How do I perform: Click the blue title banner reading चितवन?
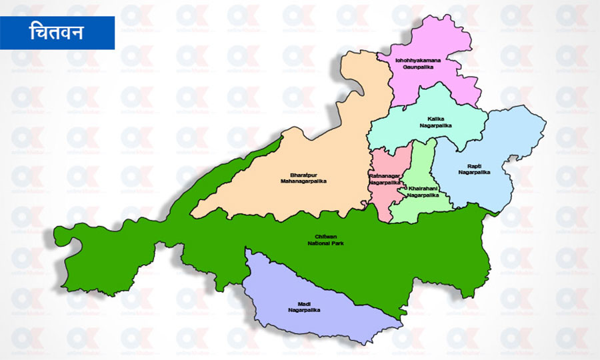click(57, 33)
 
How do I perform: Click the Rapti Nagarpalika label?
click(474, 169)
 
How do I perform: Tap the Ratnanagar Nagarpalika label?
click(385, 179)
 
